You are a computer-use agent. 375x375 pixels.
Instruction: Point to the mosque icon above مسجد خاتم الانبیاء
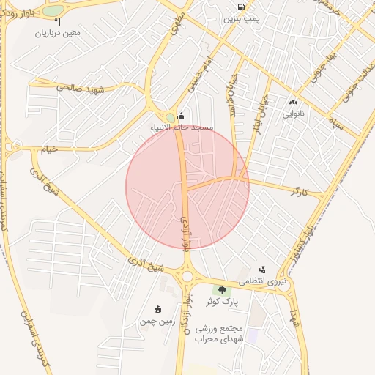click(182, 116)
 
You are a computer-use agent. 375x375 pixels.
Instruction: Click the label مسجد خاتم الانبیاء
click(182, 127)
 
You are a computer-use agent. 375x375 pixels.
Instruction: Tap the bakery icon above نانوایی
click(294, 103)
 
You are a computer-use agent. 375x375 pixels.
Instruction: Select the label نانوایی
click(294, 114)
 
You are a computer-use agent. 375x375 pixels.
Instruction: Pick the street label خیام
click(48, 149)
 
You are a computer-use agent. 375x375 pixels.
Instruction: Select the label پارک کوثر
click(222, 302)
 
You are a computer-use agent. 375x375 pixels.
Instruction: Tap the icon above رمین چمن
click(157, 309)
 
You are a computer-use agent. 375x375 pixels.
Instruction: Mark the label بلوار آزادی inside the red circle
click(187, 233)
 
